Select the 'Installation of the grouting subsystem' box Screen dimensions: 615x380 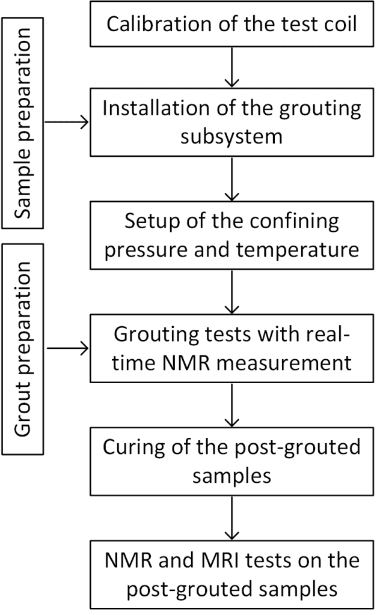tap(231, 123)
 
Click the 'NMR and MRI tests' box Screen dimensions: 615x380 tap(231, 574)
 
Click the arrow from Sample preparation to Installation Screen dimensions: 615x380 tap(67, 123)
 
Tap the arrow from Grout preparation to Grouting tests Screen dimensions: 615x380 tap(67, 347)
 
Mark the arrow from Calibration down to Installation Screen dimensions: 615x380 tap(231, 66)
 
